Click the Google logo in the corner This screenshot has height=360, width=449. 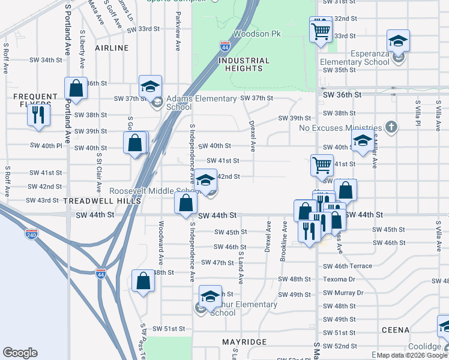[x=20, y=353]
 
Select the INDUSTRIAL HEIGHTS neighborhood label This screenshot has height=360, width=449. [x=244, y=64]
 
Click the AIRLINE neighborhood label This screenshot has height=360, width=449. [x=111, y=47]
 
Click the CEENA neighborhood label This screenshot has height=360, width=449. [x=395, y=330]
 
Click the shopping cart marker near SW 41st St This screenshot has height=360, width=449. [x=322, y=165]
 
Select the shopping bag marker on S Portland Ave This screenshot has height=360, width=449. [x=76, y=89]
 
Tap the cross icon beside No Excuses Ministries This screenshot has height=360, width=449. [x=391, y=127]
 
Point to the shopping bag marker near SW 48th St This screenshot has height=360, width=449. [x=143, y=281]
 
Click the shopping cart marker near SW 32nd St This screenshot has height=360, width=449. [x=321, y=30]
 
